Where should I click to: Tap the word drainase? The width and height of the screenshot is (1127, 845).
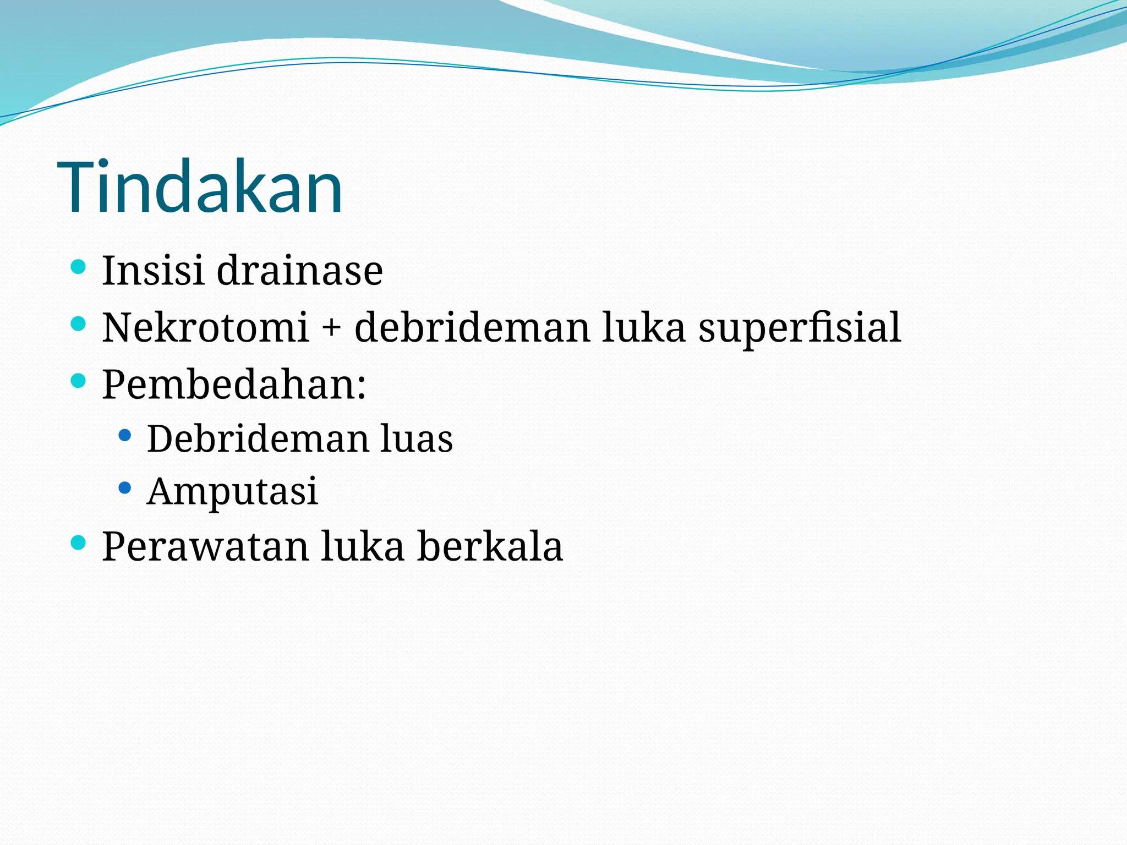(299, 271)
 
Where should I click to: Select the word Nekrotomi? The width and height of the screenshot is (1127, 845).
(205, 327)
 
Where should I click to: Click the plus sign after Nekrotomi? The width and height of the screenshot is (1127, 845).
(331, 328)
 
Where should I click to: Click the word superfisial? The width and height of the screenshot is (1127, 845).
(799, 328)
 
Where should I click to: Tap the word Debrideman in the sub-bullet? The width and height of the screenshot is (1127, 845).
(258, 439)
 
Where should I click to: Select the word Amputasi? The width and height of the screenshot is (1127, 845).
(232, 491)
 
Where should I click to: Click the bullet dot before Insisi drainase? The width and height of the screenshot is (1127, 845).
(79, 267)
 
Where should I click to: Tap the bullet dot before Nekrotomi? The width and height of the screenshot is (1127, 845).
(79, 323)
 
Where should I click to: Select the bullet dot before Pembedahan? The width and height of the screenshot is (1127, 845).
(79, 380)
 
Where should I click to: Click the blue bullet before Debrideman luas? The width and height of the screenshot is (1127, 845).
(125, 436)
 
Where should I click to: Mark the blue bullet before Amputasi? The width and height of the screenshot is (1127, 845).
(125, 487)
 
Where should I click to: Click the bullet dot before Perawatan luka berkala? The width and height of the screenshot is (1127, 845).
(79, 543)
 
